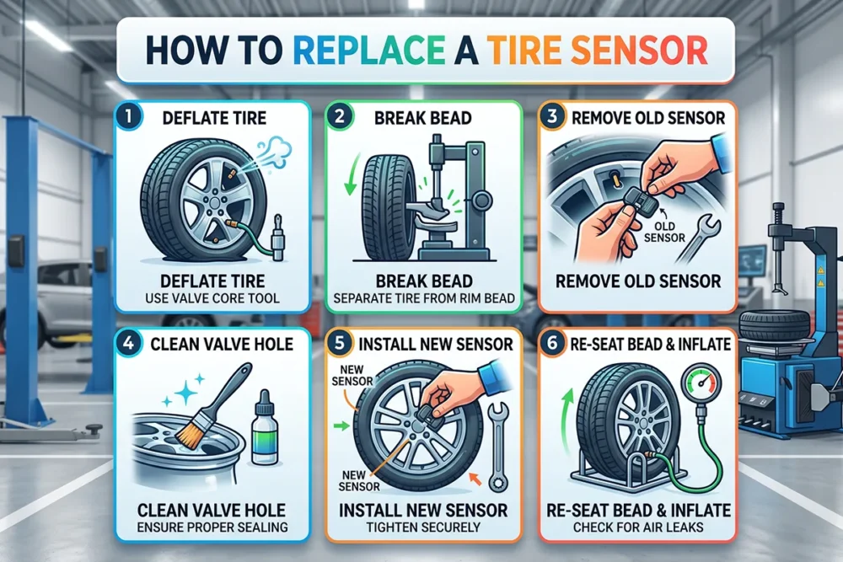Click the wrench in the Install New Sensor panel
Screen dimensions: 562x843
pos(498,447)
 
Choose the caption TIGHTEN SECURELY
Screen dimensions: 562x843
pos(423,527)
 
